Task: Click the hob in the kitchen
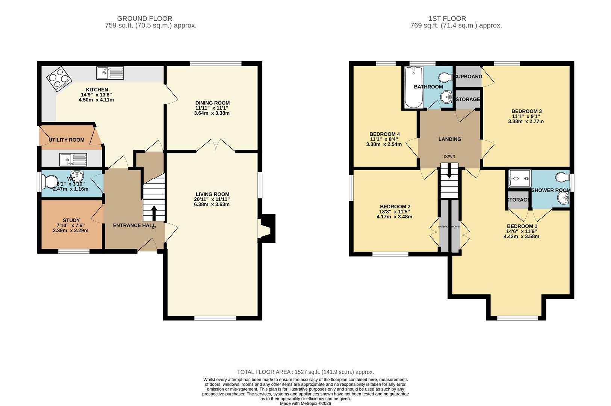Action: (x=59, y=79)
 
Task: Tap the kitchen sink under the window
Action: (x=110, y=73)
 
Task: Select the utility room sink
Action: (x=73, y=160)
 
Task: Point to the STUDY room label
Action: (x=71, y=220)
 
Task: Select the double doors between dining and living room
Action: (x=216, y=147)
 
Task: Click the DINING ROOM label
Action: (x=212, y=103)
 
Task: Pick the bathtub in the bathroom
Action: (x=413, y=87)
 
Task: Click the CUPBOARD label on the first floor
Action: (x=468, y=77)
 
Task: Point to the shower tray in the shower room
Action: (x=519, y=179)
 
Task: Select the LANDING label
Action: (x=449, y=139)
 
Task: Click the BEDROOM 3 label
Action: (x=526, y=111)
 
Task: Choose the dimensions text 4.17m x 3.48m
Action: (x=395, y=217)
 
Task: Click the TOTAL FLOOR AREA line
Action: (x=305, y=372)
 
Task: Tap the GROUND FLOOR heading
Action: (x=145, y=18)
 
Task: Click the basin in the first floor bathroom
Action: (x=446, y=97)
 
